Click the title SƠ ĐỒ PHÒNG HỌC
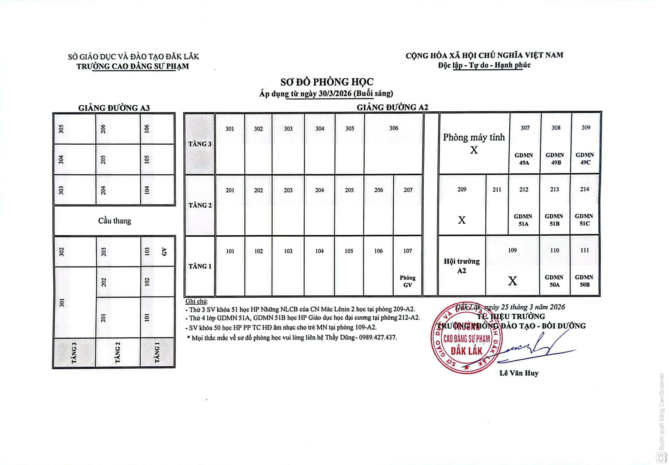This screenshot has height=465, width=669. click(327, 82)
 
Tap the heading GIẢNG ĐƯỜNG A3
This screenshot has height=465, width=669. click(114, 108)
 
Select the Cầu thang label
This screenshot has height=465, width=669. click(114, 221)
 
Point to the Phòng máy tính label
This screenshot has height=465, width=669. click(474, 137)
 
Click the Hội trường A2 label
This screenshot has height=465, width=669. click(462, 266)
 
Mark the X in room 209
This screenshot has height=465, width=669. click(462, 220)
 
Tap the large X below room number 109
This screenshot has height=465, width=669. click(512, 281)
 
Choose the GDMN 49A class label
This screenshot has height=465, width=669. click(524, 159)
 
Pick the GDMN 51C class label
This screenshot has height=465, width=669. click(584, 220)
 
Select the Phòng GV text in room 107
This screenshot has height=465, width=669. click(408, 281)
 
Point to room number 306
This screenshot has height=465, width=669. click(394, 128)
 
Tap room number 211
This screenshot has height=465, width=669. click(497, 190)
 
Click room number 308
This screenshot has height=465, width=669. click(556, 128)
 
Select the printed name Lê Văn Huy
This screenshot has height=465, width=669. click(519, 373)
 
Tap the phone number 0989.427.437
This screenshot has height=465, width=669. click(378, 337)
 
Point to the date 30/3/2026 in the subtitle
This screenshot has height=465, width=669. click(332, 94)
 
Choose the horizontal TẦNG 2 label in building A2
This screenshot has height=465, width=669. click(200, 205)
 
